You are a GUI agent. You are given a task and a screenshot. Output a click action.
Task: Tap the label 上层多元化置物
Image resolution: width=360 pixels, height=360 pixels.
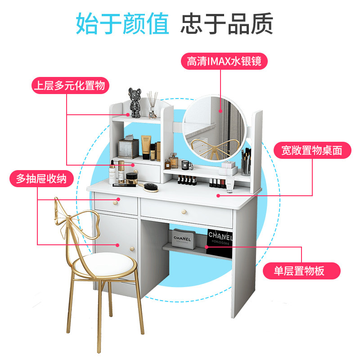pos(71,85)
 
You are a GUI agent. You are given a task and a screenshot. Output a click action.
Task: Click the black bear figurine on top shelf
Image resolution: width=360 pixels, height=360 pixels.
pos(136,101)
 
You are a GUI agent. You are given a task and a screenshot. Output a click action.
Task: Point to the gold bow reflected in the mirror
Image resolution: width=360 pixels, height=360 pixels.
pos(209,145)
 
